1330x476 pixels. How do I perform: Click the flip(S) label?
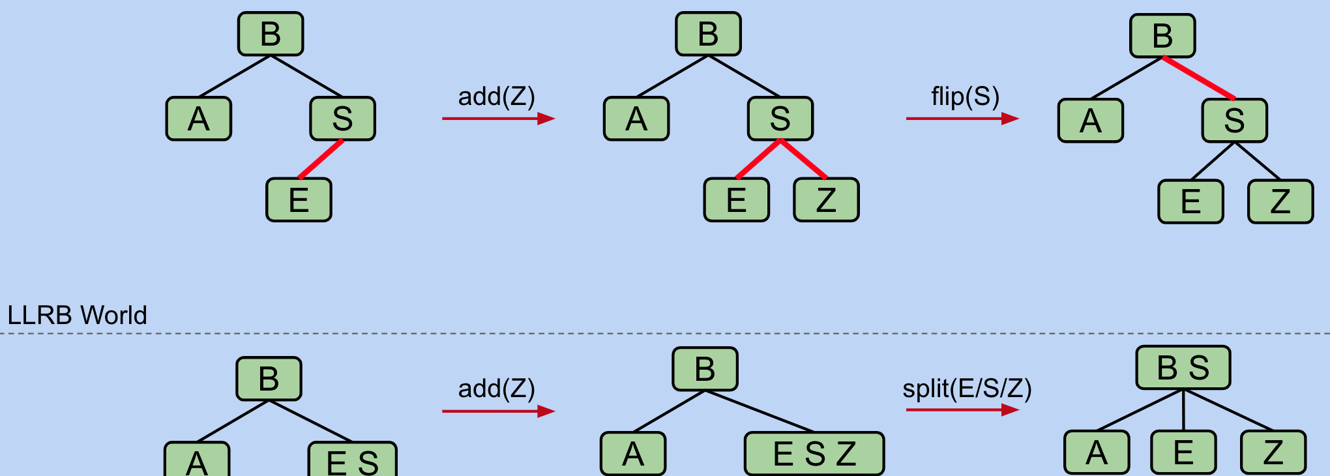[965, 97]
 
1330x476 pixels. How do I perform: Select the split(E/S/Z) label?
[967, 389]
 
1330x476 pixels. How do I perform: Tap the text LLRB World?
[77, 316]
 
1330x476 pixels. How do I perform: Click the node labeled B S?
[1183, 368]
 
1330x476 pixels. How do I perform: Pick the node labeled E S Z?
[814, 454]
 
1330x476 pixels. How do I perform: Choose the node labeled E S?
[352, 460]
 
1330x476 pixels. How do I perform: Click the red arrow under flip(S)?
[962, 119]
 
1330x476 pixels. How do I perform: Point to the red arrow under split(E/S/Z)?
[962, 410]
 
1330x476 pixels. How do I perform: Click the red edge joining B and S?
[1198, 78]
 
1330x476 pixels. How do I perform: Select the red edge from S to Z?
[803, 159]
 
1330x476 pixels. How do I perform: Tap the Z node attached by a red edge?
[826, 200]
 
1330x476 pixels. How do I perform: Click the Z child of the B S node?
[1273, 452]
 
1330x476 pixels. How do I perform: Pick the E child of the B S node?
[1183, 452]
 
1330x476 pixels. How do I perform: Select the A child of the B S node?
[1097, 452]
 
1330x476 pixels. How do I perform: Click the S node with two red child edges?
[780, 119]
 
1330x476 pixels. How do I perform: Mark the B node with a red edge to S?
[1162, 36]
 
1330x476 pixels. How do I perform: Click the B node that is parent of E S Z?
[705, 369]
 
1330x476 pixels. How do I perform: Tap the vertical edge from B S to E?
[1183, 410]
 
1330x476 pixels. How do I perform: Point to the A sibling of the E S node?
[197, 460]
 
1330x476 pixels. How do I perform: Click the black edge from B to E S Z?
[760, 411]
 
